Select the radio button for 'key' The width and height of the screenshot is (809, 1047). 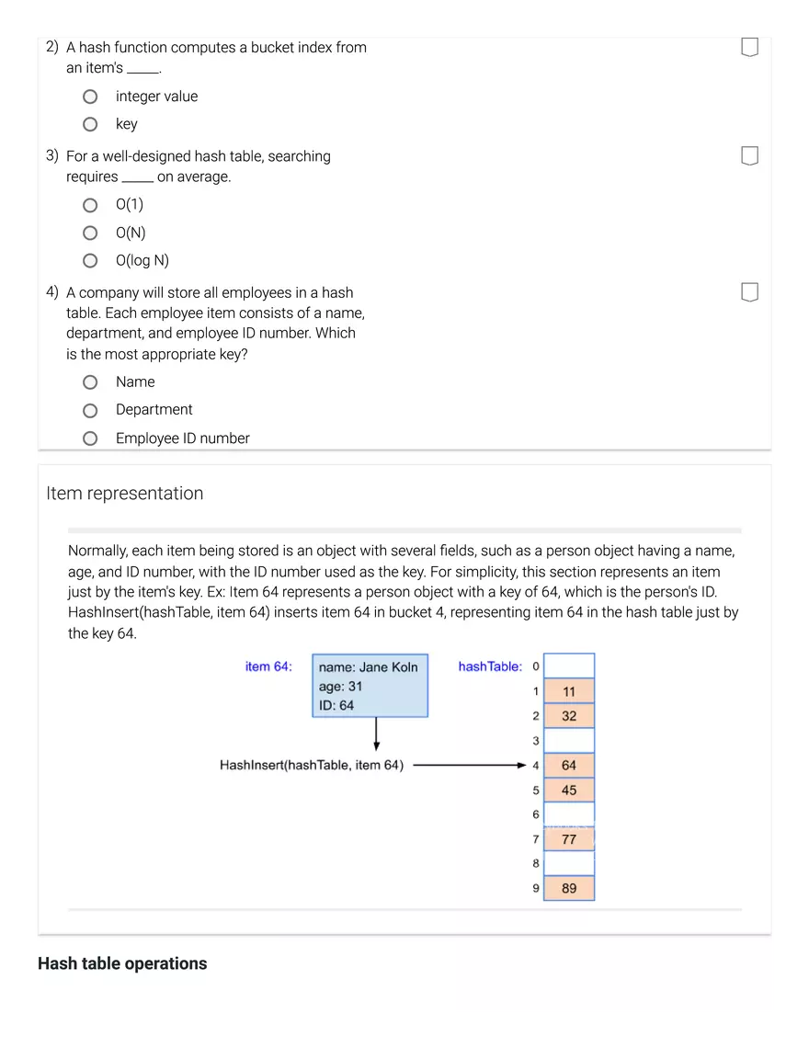click(90, 124)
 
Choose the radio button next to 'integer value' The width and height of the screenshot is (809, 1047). click(90, 97)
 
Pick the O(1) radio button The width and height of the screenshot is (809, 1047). click(90, 205)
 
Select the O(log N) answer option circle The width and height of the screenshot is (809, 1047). click(90, 260)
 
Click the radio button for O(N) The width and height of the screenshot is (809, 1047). click(90, 233)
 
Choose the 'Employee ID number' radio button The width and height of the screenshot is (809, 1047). click(90, 438)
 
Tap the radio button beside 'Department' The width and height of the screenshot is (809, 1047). click(90, 410)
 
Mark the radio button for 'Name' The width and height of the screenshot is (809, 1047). click(90, 381)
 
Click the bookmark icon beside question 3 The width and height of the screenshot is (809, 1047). click(749, 156)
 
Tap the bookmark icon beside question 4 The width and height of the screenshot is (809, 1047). click(749, 292)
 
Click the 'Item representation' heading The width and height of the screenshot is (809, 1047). click(125, 494)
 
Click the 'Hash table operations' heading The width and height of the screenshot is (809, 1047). click(122, 963)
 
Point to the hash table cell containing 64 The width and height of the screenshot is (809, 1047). click(569, 765)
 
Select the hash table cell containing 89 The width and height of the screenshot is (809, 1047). click(569, 888)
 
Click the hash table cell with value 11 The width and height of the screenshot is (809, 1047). click(569, 691)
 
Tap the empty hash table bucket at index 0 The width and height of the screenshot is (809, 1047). click(569, 666)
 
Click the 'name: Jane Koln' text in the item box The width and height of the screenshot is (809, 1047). click(368, 667)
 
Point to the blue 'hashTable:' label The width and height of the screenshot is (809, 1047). click(490, 666)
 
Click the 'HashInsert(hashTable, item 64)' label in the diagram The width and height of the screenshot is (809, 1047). click(312, 765)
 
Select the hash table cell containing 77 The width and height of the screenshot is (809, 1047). click(569, 839)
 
